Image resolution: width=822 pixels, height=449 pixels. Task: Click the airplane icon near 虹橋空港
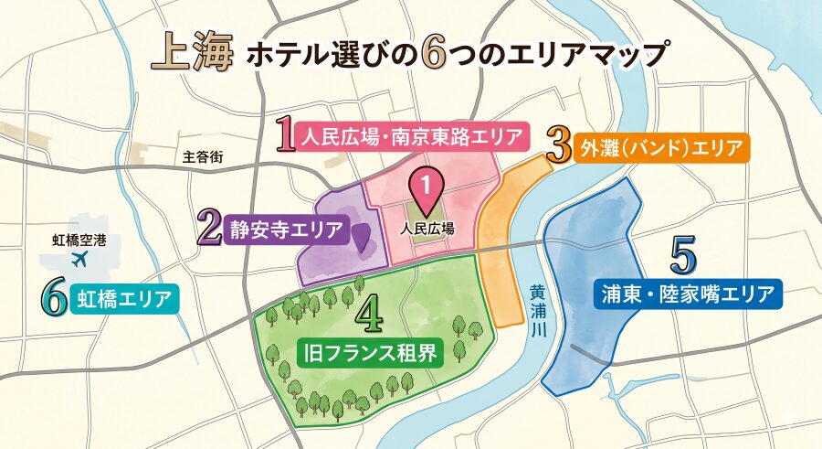point(79,260)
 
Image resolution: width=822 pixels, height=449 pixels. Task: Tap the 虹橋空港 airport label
point(79,241)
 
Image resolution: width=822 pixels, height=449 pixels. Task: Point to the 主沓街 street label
point(203,157)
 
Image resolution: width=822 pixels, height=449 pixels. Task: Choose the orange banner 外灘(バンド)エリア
point(660,147)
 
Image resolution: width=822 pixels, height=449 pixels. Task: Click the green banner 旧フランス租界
point(371,350)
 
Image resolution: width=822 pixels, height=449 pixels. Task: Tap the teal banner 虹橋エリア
point(124,297)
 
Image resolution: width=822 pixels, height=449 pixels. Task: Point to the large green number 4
point(369,315)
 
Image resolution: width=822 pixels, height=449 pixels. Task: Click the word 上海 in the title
point(188,52)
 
